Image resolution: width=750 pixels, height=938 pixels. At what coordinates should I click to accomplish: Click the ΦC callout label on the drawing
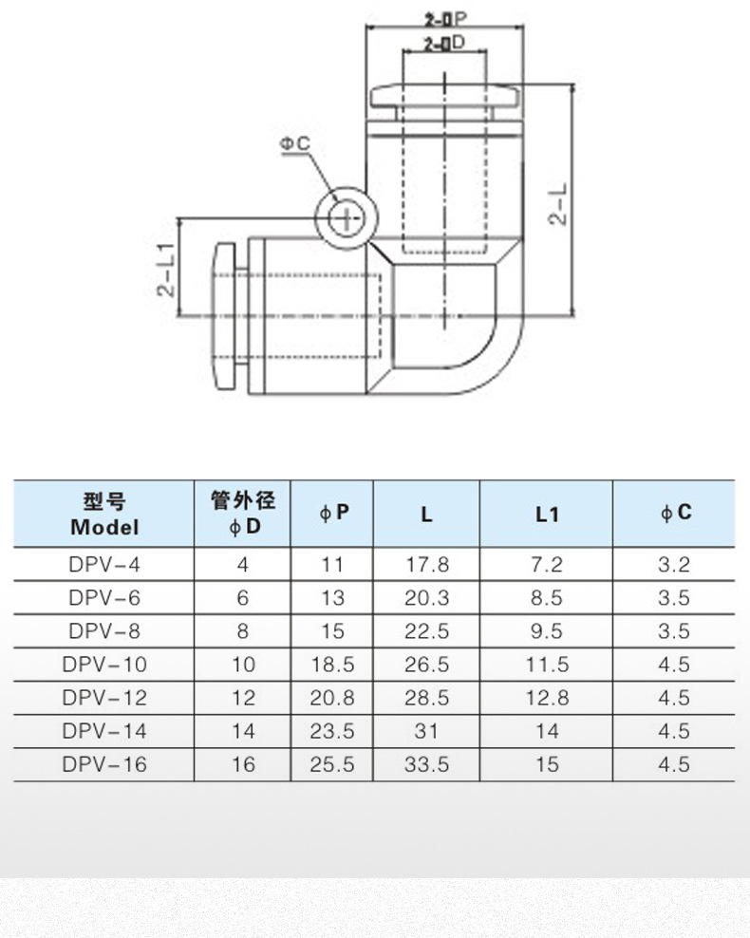click(x=294, y=144)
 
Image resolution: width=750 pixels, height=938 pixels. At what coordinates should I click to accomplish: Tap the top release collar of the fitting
click(x=444, y=98)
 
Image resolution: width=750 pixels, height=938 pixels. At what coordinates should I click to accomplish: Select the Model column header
click(x=104, y=514)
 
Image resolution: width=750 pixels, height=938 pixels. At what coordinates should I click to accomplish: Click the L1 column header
click(x=547, y=514)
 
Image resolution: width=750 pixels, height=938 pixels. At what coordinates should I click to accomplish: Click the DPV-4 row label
click(x=104, y=564)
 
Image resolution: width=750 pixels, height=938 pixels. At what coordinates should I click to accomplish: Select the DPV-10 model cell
click(x=104, y=664)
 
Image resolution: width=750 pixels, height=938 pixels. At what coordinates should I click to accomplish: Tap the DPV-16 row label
click(x=104, y=763)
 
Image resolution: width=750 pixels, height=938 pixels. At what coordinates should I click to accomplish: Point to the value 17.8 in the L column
click(x=426, y=564)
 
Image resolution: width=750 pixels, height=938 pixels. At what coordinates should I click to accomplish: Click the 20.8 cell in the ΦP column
click(x=331, y=697)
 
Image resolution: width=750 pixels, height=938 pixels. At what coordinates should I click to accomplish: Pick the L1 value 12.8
click(x=547, y=697)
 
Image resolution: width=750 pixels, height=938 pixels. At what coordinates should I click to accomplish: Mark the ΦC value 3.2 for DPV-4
click(x=674, y=564)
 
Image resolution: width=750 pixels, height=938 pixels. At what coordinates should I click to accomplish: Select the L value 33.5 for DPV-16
click(x=426, y=763)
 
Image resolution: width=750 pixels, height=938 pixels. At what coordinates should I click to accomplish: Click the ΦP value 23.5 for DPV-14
click(x=331, y=730)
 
